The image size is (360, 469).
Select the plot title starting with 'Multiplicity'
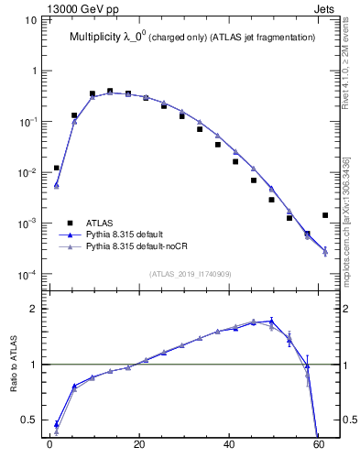tap(192, 38)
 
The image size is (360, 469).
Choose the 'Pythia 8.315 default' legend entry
tap(129, 234)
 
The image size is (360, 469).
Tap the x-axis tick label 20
tap(139, 448)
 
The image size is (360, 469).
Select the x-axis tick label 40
tap(229, 448)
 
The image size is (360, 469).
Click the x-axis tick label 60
tap(319, 448)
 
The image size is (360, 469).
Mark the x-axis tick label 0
tap(49, 448)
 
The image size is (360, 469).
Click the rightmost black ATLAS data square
tap(325, 215)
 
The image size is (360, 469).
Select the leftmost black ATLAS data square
tap(57, 168)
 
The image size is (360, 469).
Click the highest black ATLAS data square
tap(110, 91)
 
